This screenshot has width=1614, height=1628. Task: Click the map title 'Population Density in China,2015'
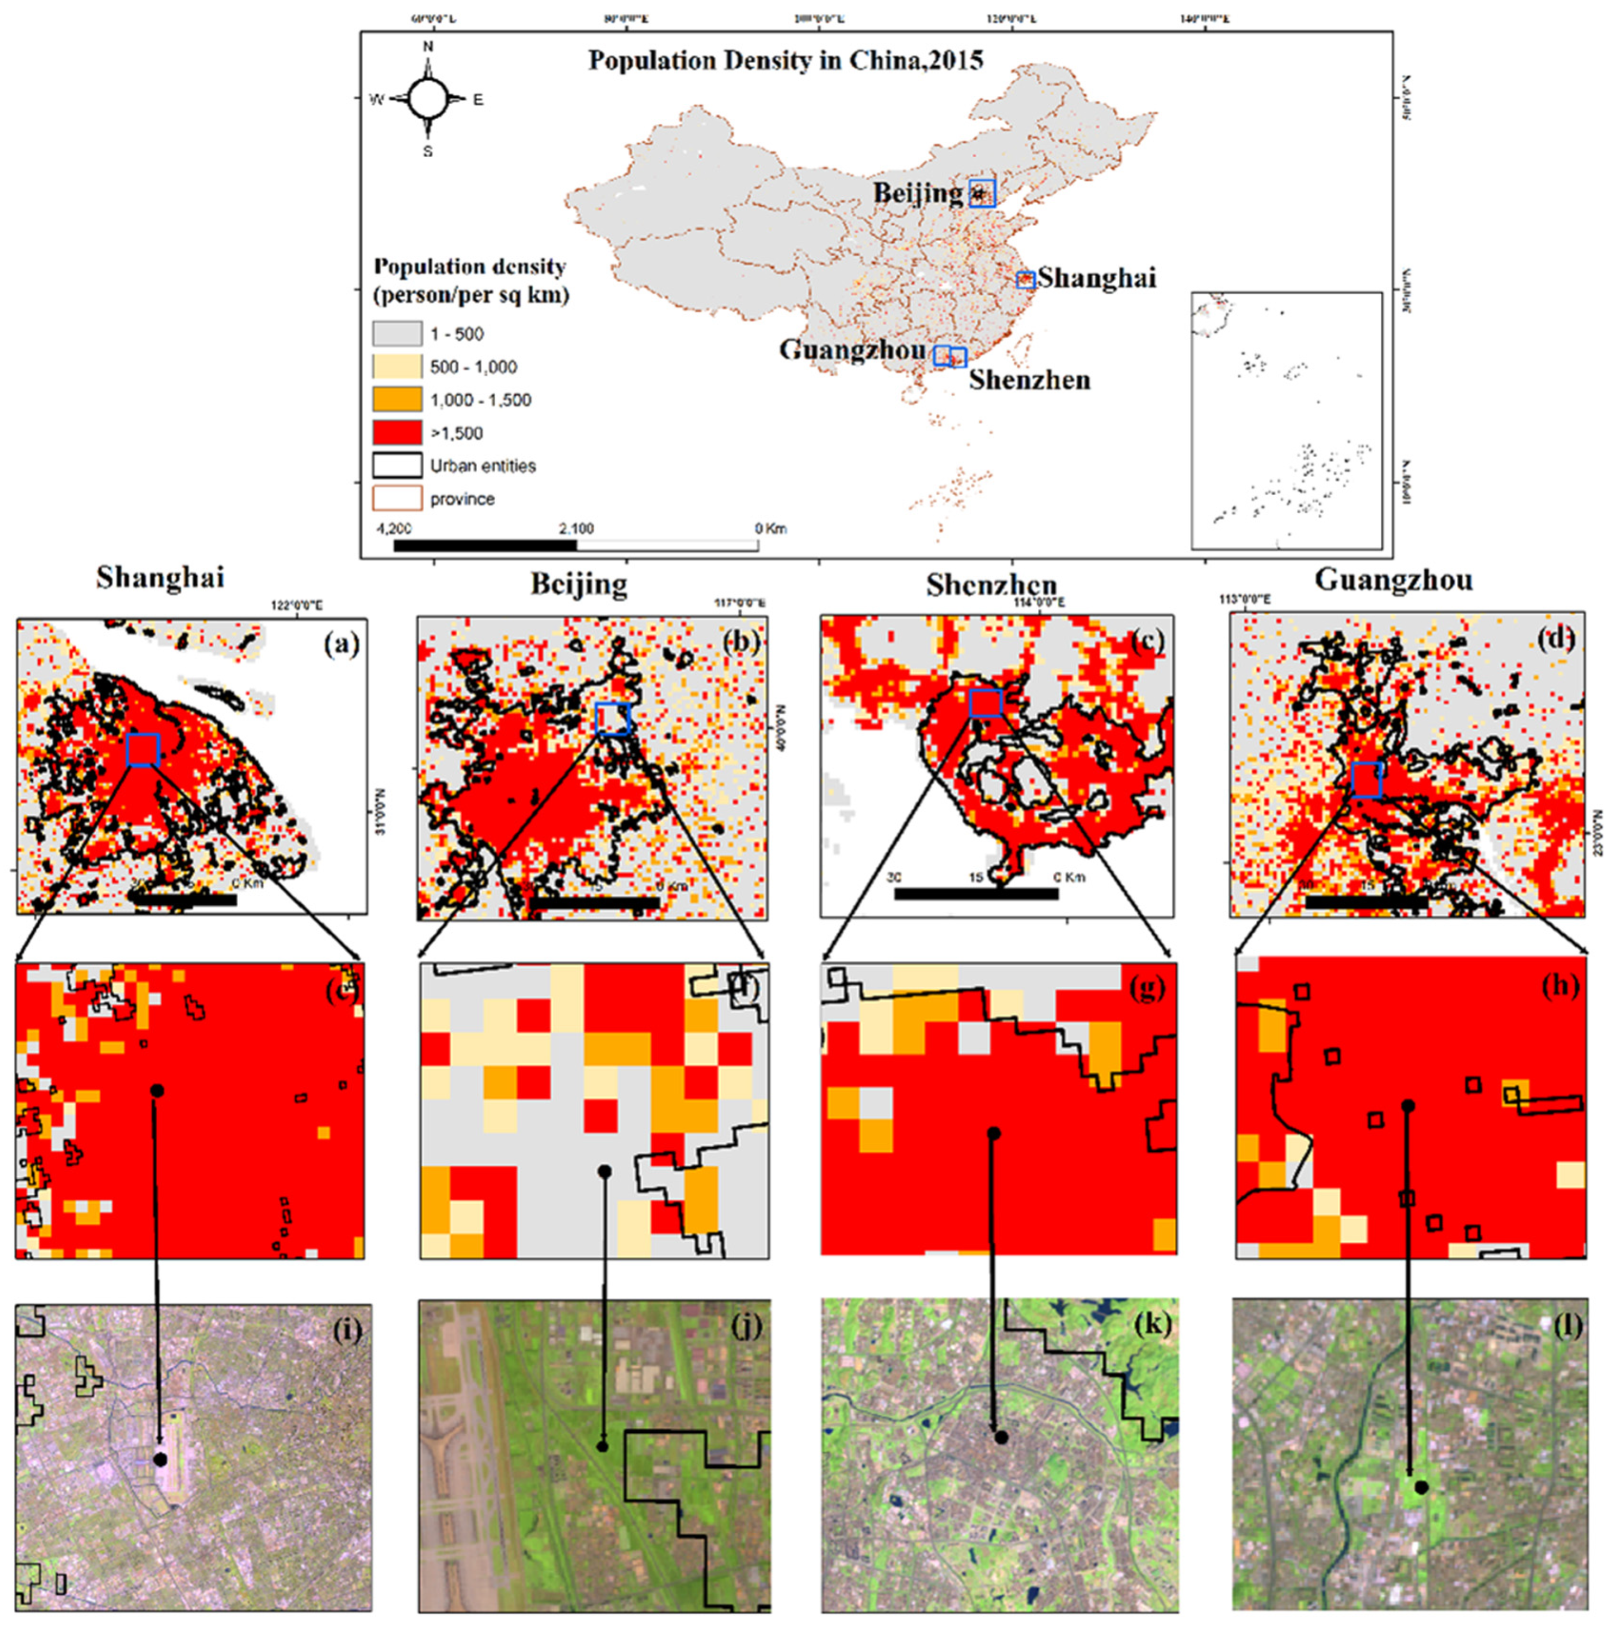point(785,61)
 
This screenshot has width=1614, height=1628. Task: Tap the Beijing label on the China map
point(917,193)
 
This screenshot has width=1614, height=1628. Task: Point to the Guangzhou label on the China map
point(852,349)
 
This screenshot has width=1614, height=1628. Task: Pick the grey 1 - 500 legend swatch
point(397,334)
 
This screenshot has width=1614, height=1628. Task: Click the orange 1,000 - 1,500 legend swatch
point(397,399)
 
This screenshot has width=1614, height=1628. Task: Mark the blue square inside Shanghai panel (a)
point(142,749)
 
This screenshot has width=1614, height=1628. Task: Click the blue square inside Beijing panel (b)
point(613,718)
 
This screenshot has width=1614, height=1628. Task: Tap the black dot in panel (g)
point(994,1133)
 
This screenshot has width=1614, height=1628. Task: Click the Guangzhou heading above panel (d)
point(1393,580)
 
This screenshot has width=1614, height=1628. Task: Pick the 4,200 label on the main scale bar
point(394,529)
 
